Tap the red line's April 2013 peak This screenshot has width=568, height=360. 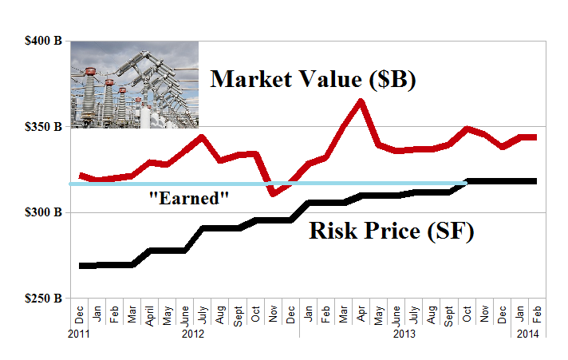tap(361, 101)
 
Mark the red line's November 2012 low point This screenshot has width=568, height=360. tap(273, 193)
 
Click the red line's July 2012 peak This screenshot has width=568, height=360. tap(203, 137)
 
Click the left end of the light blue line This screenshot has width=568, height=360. tap(72, 184)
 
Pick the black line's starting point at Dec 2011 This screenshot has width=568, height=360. tap(81, 265)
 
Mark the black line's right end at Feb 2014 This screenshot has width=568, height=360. tap(534, 181)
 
